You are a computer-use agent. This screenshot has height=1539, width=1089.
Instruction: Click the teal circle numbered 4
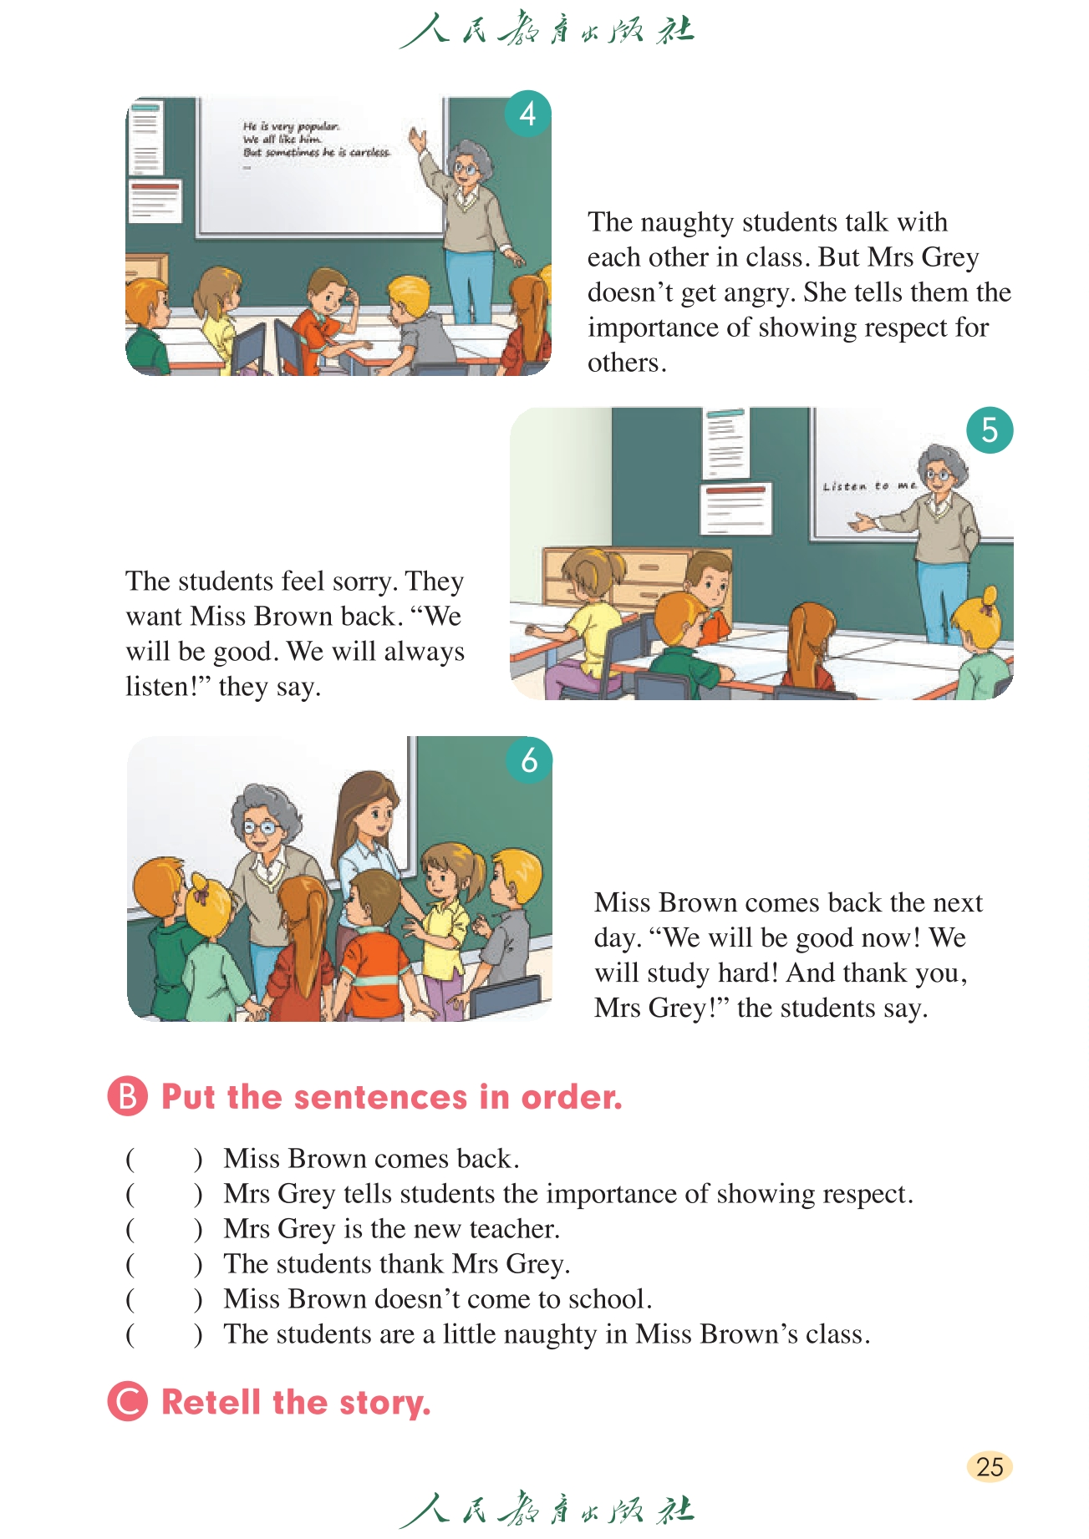click(528, 114)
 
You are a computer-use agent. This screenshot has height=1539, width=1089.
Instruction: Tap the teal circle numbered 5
click(990, 430)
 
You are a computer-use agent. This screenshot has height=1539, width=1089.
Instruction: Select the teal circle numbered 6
click(529, 760)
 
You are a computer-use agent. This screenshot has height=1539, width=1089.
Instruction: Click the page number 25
click(990, 1467)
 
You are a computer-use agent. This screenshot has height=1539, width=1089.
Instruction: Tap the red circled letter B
click(128, 1096)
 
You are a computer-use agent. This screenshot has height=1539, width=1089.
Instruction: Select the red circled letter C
click(128, 1401)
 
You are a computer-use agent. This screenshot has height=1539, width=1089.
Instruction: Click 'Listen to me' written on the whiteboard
click(869, 485)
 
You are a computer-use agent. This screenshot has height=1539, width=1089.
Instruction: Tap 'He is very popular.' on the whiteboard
click(291, 127)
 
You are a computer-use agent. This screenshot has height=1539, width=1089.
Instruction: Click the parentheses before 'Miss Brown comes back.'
click(164, 1159)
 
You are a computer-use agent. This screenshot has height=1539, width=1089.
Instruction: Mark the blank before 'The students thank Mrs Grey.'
click(164, 1264)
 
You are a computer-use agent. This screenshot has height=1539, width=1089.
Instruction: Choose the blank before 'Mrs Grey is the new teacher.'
click(164, 1229)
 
